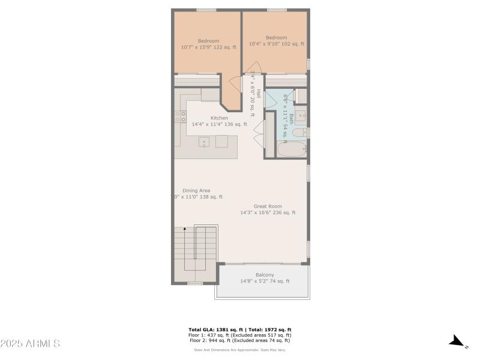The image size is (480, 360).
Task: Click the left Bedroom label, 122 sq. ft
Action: pyautogui.click(x=208, y=41)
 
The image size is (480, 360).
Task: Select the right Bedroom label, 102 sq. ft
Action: pyautogui.click(x=276, y=38)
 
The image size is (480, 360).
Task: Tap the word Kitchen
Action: pyautogui.click(x=219, y=118)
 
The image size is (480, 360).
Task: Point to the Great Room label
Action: pyautogui.click(x=268, y=206)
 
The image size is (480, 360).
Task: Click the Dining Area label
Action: pyautogui.click(x=196, y=190)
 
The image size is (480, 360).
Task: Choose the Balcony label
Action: pyautogui.click(x=265, y=275)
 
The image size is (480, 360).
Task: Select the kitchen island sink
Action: pyautogui.click(x=204, y=143)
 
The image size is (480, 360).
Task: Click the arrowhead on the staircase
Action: pyautogui.click(x=185, y=229)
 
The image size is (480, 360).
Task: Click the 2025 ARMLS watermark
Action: pyautogui.click(x=30, y=344)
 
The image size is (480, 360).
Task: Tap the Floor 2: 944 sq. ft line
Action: pyautogui.click(x=240, y=341)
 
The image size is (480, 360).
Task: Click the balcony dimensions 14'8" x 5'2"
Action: pyautogui.click(x=265, y=281)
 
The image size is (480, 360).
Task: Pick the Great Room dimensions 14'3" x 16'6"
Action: pyautogui.click(x=268, y=212)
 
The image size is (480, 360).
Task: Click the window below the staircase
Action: pyautogui.click(x=194, y=283)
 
